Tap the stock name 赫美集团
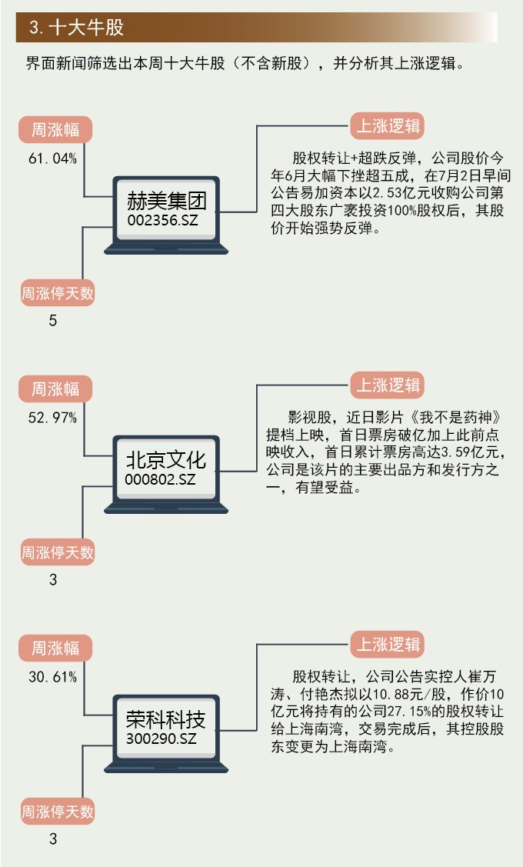166,202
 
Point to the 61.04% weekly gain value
52,159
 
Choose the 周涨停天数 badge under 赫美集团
58,293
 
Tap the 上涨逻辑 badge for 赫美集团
388,126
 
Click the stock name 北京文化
166,460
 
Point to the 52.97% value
52,418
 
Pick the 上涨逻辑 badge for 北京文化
388,385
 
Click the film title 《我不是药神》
460,418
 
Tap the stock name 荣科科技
166,720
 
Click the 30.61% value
52,677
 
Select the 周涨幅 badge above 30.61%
55,648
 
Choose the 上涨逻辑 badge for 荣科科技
388,644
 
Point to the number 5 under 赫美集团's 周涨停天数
53,321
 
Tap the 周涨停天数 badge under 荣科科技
58,811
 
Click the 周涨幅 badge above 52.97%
55,388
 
